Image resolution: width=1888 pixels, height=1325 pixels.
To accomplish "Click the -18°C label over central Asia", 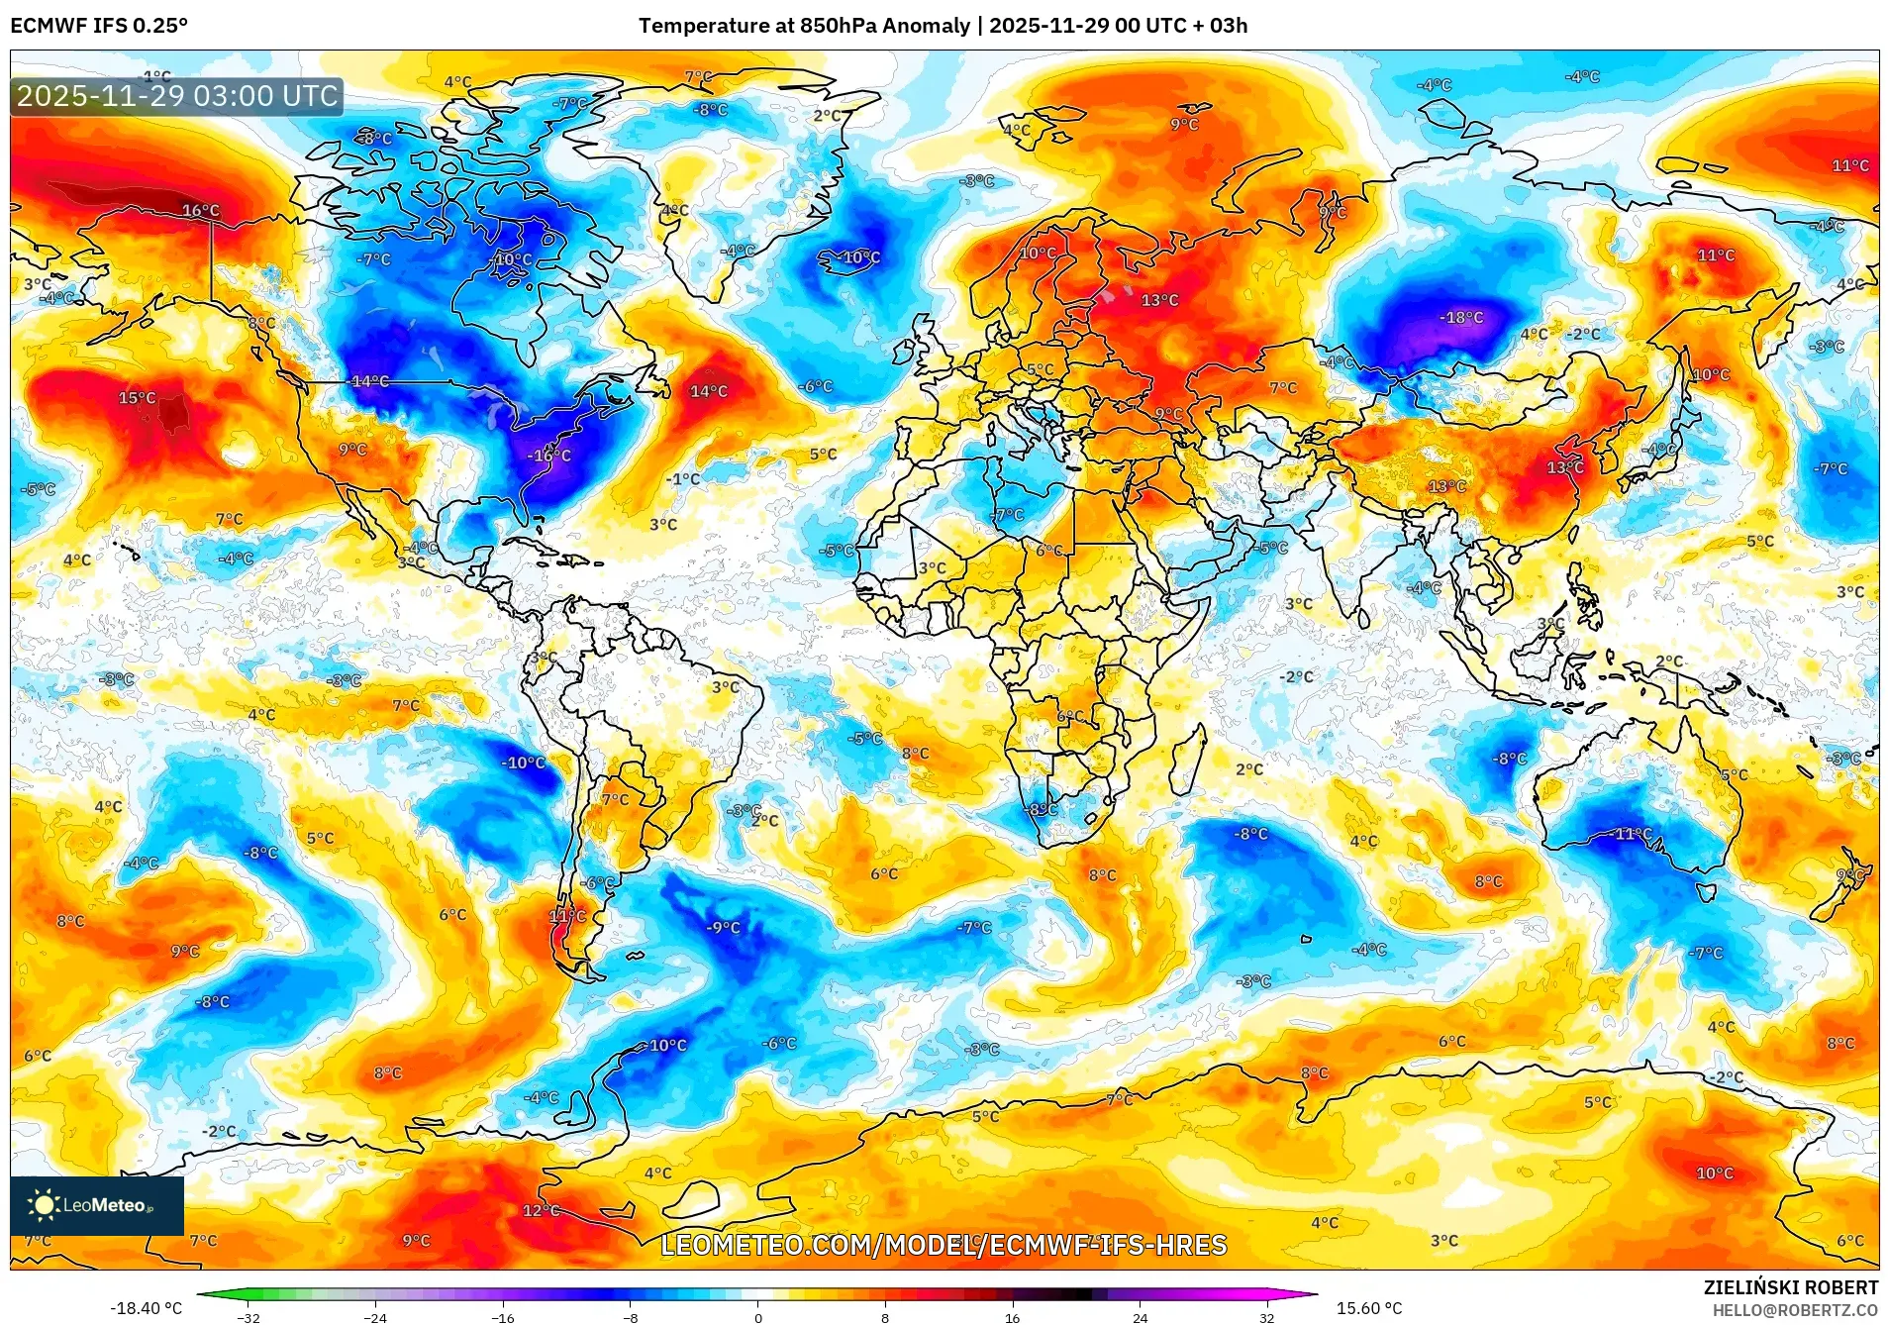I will [x=1461, y=318].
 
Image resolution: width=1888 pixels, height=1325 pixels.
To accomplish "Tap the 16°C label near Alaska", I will [x=201, y=210].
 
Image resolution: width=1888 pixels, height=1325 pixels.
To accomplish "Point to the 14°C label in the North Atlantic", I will [x=709, y=391].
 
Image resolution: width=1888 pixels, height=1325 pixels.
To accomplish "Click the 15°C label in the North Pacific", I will [x=138, y=398].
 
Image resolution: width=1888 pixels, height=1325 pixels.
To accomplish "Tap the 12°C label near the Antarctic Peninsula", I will [x=542, y=1210].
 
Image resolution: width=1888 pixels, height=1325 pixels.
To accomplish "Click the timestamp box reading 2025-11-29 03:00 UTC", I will [x=177, y=96].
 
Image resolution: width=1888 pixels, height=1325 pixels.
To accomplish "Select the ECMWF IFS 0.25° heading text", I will [x=99, y=26].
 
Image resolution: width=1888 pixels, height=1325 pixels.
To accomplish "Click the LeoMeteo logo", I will [x=96, y=1205].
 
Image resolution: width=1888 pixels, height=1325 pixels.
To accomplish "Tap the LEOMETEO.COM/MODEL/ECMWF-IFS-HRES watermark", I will [x=944, y=1245].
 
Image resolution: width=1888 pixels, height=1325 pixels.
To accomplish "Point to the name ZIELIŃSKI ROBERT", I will [x=1790, y=1287].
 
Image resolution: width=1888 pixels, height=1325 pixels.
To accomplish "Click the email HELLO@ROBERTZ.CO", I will [x=1795, y=1310].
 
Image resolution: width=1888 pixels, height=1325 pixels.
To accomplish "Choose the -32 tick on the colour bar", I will [x=248, y=1317].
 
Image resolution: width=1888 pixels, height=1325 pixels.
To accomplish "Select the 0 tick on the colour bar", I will [x=758, y=1317].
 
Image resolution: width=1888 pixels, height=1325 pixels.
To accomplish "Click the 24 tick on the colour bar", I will [x=1141, y=1317].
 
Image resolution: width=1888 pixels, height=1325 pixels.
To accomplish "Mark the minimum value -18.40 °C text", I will [x=146, y=1308].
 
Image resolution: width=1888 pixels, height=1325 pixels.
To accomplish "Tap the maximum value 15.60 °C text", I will [x=1369, y=1308].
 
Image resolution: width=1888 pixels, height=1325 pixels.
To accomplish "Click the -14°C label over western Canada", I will [x=370, y=381].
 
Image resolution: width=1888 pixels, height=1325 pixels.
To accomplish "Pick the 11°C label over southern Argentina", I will [x=567, y=916].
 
